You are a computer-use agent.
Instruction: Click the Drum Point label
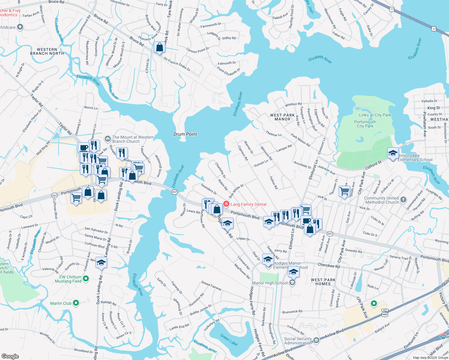(185, 134)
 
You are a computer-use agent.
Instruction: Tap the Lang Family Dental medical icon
(226, 204)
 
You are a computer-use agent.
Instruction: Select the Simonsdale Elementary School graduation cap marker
(393, 154)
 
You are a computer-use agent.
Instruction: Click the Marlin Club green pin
(76, 303)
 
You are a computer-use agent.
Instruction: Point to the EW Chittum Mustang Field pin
(86, 279)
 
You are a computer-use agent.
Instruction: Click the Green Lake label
(229, 339)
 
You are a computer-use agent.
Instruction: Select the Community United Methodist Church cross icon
(403, 199)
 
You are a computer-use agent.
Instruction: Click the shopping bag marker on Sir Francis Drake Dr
(159, 47)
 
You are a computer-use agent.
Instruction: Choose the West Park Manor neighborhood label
(282, 117)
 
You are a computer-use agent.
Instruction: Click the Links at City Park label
(375, 115)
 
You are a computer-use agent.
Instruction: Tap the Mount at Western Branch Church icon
(107, 139)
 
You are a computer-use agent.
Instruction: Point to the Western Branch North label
(47, 51)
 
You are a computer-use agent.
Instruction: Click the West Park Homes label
(323, 282)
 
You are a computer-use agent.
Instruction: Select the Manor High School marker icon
(293, 283)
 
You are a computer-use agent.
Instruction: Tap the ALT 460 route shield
(385, 313)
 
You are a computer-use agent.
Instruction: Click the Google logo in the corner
(10, 356)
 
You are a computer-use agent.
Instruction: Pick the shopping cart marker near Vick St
(344, 191)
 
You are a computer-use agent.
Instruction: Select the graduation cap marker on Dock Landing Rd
(101, 263)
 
